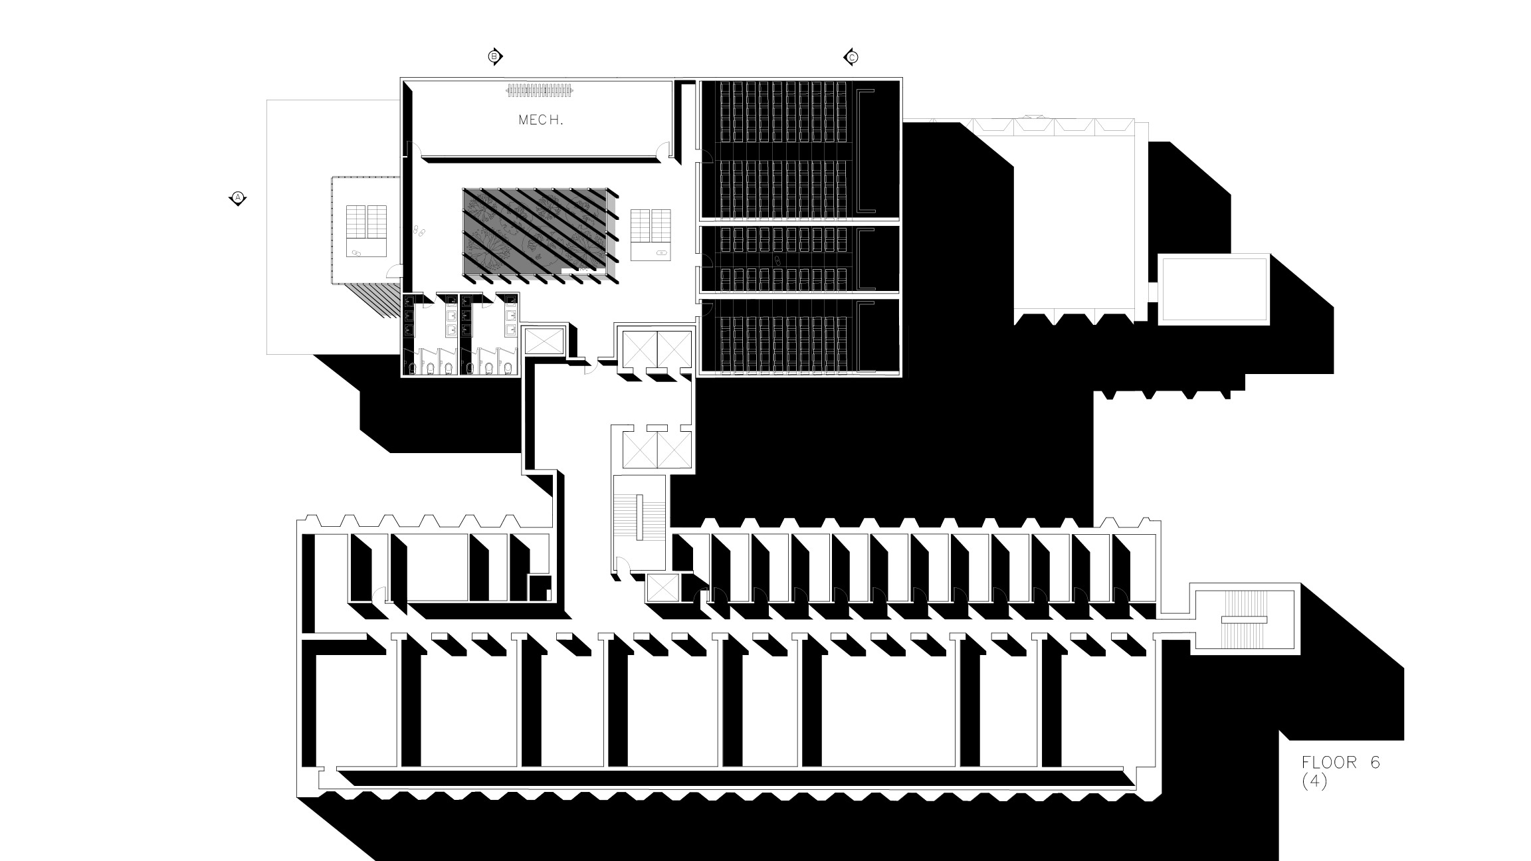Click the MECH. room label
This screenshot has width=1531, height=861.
541,120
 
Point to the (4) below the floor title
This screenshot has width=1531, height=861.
1314,782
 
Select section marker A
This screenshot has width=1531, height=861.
238,197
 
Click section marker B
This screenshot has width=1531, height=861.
494,56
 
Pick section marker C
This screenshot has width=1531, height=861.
852,57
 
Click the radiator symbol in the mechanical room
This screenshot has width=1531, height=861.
540,91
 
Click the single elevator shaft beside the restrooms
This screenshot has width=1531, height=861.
544,340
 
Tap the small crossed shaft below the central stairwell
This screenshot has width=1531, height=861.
663,589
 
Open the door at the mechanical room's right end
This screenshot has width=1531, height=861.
662,152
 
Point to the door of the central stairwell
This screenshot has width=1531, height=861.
622,565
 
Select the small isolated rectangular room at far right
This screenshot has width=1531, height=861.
1213,290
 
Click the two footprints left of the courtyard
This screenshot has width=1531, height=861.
419,231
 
